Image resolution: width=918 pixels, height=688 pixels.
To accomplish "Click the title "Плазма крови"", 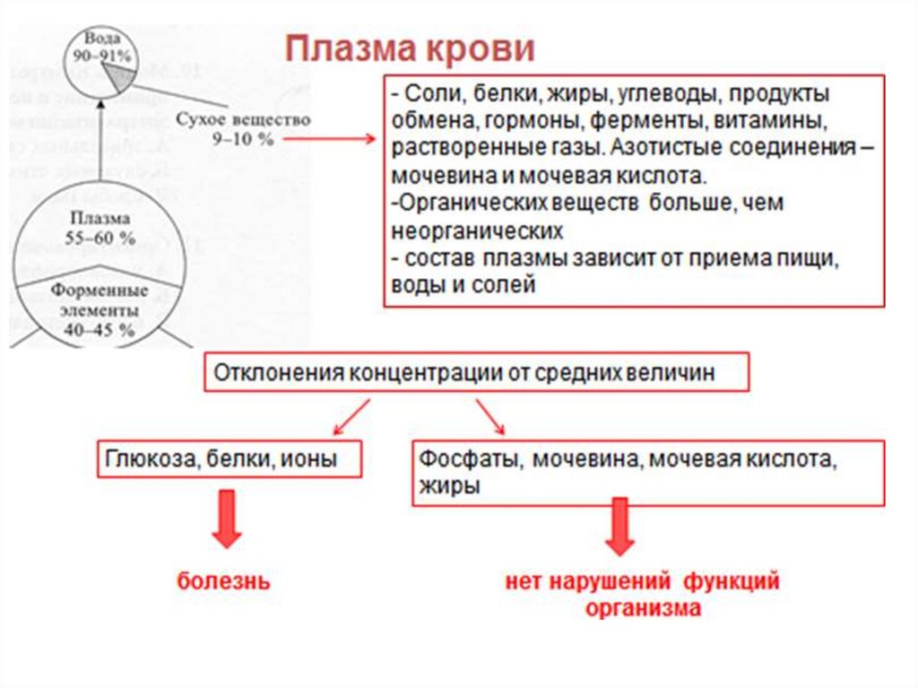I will (410, 48).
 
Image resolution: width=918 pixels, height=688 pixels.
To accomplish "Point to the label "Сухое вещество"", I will (243, 119).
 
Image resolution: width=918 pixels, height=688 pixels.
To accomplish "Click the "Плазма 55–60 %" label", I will (100, 228).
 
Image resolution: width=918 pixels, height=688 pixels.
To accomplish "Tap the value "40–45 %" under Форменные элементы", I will (99, 329).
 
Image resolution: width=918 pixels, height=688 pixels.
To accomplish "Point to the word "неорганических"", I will (477, 231).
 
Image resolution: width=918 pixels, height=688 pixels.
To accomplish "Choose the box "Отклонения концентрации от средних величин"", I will (476, 374).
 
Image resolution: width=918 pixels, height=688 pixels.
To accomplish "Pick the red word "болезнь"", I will (223, 580).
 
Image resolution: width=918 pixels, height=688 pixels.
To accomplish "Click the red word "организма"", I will (643, 607).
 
